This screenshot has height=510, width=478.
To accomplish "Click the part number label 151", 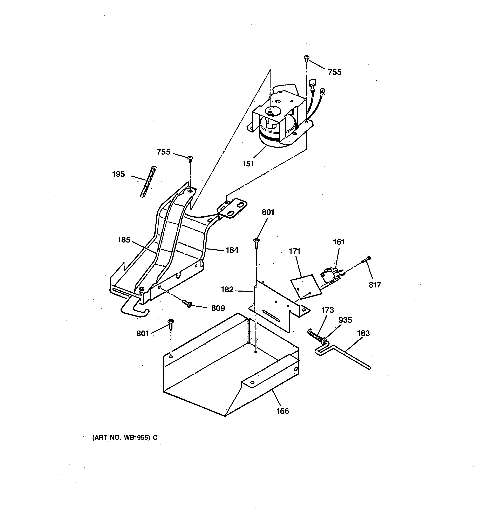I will (x=248, y=163).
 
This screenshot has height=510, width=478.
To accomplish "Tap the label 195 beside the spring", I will (x=118, y=174).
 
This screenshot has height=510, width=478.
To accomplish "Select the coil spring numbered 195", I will (x=149, y=182).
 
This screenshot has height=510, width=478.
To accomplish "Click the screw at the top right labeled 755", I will (x=306, y=59).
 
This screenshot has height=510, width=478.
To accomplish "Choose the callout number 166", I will (x=282, y=411).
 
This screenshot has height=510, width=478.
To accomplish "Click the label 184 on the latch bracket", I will (x=232, y=250).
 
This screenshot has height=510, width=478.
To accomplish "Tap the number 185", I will (x=124, y=240).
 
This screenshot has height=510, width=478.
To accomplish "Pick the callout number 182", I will (x=227, y=290).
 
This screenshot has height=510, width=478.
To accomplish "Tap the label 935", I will (x=345, y=320).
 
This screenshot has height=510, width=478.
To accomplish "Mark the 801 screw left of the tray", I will (x=171, y=324).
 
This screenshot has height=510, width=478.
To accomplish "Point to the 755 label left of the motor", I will (x=163, y=152).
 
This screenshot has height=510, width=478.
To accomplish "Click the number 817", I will (x=375, y=285).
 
